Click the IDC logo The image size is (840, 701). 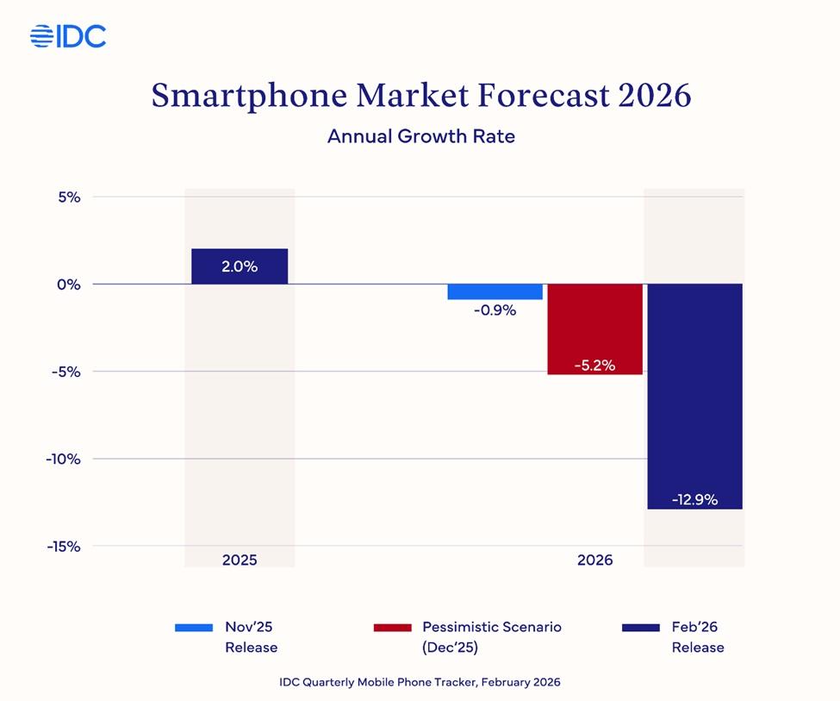tap(68, 36)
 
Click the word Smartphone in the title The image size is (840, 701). tap(250, 96)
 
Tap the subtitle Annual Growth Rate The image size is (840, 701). tap(420, 136)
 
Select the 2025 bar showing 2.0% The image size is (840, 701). tap(240, 266)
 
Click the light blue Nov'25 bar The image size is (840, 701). tap(495, 291)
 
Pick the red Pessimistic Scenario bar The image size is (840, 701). tap(594, 329)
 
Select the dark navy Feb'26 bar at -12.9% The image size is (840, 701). tap(694, 396)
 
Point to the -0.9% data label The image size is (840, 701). tap(495, 310)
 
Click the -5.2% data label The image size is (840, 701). tap(594, 365)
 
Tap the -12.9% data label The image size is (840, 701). tap(694, 499)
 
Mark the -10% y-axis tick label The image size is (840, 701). tap(63, 459)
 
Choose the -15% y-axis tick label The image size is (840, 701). tap(63, 546)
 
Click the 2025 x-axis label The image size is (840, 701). tap(240, 560)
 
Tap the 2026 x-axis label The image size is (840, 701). tap(594, 560)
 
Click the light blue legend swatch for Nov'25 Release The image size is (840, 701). tap(194, 628)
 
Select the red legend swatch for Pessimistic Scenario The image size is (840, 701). tap(392, 628)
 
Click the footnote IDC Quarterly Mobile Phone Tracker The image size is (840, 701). tap(420, 682)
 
